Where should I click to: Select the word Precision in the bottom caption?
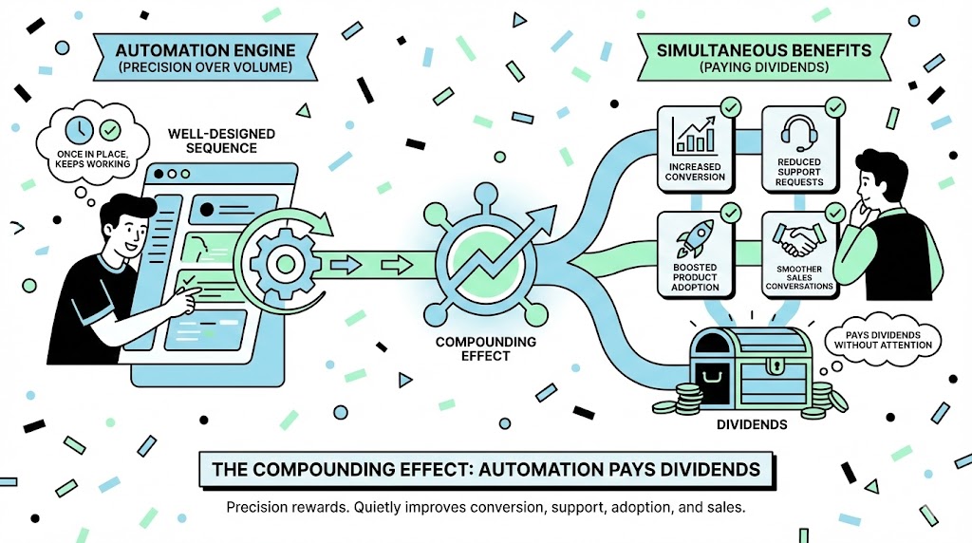258,508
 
